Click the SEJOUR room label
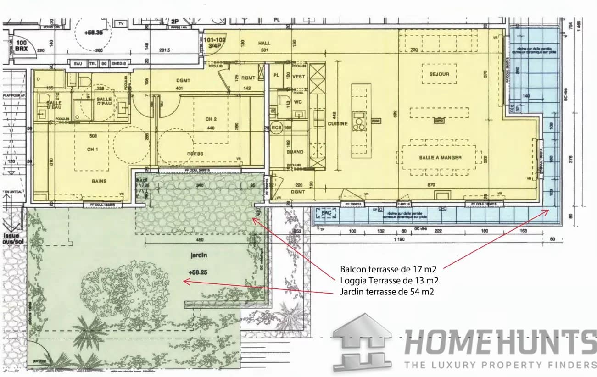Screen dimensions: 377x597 [439, 74]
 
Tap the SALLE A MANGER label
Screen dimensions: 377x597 [440, 157]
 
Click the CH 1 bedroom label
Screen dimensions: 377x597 [93, 150]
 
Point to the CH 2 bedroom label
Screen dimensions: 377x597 [210, 118]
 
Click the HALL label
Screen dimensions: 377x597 [264, 43]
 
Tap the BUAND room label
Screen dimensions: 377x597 [295, 152]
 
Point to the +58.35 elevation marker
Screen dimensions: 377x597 [94, 33]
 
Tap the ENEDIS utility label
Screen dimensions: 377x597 [119, 64]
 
